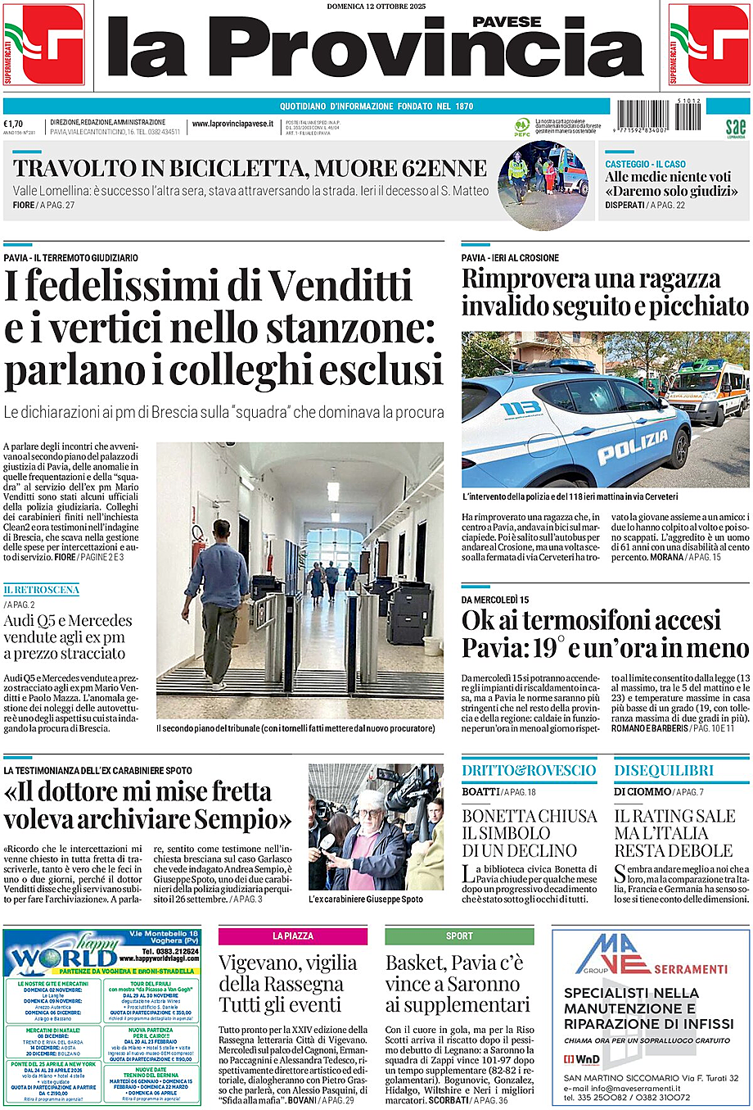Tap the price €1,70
pyautogui.click(x=13, y=124)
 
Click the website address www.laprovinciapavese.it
pyautogui.click(x=232, y=124)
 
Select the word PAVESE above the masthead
pyautogui.click(x=507, y=22)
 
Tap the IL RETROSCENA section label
pyautogui.click(x=41, y=590)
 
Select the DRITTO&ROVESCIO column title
pyautogui.click(x=529, y=770)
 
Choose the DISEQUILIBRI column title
pyautogui.click(x=664, y=770)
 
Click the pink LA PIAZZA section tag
pyautogui.click(x=292, y=936)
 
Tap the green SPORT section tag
pyautogui.click(x=459, y=936)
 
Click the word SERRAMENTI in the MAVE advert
pyautogui.click(x=690, y=968)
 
